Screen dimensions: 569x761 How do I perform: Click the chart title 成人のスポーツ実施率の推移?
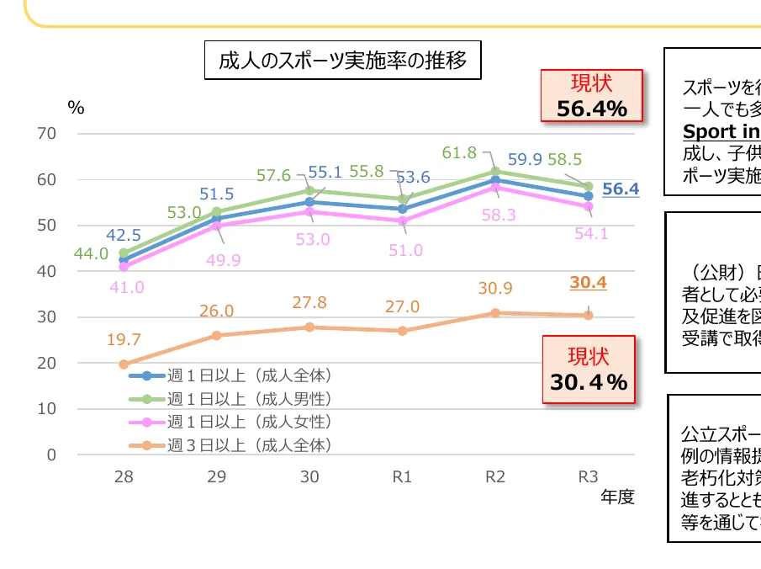pyautogui.click(x=342, y=62)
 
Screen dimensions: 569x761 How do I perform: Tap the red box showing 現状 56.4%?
pyautogui.click(x=592, y=96)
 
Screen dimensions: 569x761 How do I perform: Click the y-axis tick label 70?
pyautogui.click(x=47, y=134)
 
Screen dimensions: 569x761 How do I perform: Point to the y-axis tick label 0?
pyautogui.click(x=51, y=455)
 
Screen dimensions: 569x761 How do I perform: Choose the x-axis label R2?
pyautogui.click(x=495, y=477)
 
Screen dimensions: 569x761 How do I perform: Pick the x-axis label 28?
pyautogui.click(x=124, y=477)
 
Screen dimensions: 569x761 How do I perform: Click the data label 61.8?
pyautogui.click(x=459, y=153)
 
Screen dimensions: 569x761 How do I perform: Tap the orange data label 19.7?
pyautogui.click(x=124, y=340)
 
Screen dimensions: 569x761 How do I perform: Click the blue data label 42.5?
pyautogui.click(x=124, y=235)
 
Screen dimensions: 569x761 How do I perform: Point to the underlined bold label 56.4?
pyautogui.click(x=621, y=189)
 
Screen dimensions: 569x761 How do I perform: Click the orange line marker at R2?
pyautogui.click(x=495, y=313)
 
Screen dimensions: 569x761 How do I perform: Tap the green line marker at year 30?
pyautogui.click(x=309, y=191)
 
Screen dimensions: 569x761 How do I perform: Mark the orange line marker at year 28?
pyautogui.click(x=124, y=364)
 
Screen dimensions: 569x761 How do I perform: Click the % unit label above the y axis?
pyautogui.click(x=77, y=108)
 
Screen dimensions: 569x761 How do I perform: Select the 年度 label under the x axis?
pyautogui.click(x=617, y=497)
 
